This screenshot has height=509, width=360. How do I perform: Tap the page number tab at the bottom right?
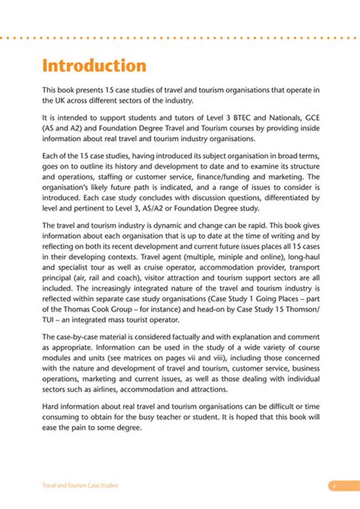[x=333, y=484]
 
